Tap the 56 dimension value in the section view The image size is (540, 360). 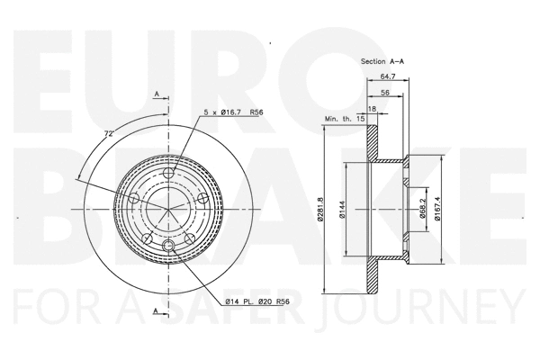click(x=384, y=93)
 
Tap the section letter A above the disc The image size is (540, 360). click(x=157, y=94)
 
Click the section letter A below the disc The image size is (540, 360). click(x=157, y=311)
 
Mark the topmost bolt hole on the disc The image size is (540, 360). click(x=169, y=174)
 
